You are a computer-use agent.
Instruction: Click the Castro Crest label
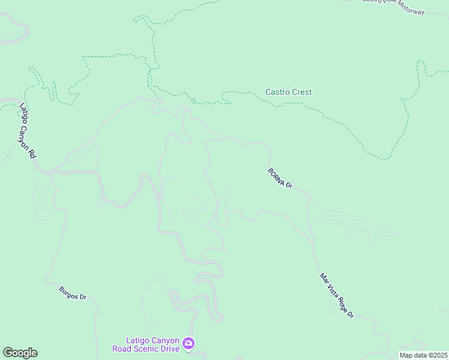288,92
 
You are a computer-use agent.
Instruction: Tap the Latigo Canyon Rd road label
28,131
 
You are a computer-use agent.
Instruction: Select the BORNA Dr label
280,178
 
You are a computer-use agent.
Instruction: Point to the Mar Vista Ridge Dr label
337,296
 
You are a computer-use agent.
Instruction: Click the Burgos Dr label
73,293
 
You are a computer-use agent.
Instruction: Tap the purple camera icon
188,343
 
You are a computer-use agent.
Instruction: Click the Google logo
20,353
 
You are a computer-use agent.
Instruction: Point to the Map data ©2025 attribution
423,355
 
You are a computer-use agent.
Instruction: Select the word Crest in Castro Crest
302,92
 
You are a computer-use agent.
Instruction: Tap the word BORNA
276,175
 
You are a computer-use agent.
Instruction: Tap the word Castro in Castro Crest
277,92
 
